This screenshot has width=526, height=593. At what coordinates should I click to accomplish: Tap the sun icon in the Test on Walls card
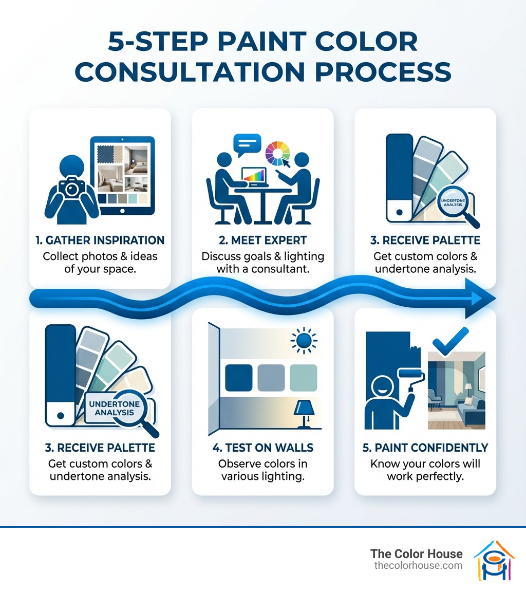(x=304, y=340)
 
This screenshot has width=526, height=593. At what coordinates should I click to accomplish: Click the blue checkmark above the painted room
(x=450, y=341)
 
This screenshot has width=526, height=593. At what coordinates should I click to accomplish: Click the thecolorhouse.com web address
(x=418, y=565)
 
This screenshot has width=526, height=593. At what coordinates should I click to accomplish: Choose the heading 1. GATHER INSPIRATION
(x=100, y=240)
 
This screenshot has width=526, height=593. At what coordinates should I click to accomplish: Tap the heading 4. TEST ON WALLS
(x=262, y=448)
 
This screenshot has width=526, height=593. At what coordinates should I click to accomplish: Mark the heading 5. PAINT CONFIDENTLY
(x=425, y=448)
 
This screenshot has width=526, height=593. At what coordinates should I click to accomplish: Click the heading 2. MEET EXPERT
(x=262, y=240)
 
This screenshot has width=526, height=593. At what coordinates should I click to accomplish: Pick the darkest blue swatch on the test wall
(x=239, y=378)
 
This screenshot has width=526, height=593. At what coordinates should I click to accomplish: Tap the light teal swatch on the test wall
(x=304, y=378)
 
